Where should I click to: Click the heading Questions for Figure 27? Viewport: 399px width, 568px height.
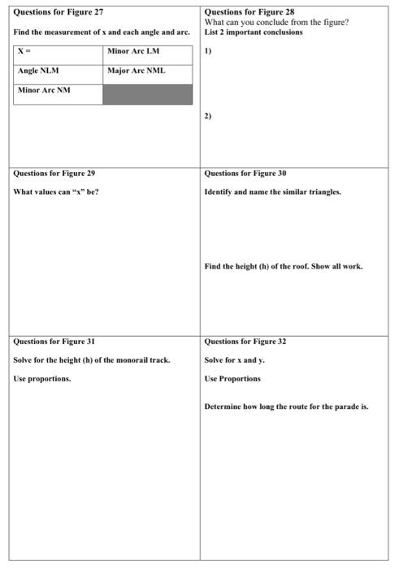[59, 12]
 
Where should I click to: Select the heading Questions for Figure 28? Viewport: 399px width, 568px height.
[249, 12]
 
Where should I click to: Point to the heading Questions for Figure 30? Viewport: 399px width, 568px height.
[245, 173]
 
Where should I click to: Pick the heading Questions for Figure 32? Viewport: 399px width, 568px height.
[245, 341]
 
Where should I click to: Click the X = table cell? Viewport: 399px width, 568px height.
[59, 52]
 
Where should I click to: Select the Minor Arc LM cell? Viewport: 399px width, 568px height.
[147, 52]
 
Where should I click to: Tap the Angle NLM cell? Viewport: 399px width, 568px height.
[59, 71]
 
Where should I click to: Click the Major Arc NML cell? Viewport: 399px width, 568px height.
[147, 71]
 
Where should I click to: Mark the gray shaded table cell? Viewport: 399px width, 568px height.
[147, 93]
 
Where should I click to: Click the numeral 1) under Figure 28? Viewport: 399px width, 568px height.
[208, 50]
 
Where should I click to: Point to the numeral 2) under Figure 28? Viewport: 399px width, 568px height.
[208, 116]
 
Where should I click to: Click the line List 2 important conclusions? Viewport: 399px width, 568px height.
[254, 32]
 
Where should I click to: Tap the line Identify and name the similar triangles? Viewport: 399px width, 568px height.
[273, 191]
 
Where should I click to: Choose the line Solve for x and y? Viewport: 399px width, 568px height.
[235, 359]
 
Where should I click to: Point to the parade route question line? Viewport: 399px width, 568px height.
[286, 407]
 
